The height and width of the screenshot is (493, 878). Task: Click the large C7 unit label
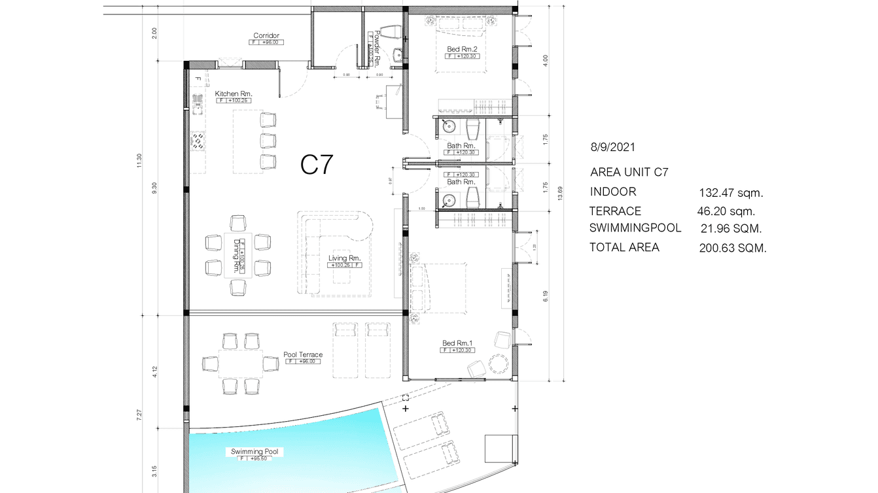click(x=318, y=165)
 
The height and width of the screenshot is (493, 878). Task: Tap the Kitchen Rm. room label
click(x=234, y=93)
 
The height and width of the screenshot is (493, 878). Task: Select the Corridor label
click(x=266, y=35)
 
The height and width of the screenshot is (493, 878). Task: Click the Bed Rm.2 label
click(x=461, y=49)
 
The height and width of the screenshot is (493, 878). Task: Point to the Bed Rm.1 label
click(x=457, y=343)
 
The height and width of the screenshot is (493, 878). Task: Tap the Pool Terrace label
click(x=303, y=354)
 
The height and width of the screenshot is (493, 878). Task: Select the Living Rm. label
click(x=345, y=258)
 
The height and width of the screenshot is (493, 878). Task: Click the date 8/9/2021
click(x=612, y=148)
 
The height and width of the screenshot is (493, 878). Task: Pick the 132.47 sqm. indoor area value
click(x=731, y=193)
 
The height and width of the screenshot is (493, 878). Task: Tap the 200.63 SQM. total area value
click(x=733, y=248)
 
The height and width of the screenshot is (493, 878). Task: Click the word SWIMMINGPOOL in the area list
click(x=635, y=228)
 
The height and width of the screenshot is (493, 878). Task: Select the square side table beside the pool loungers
click(x=497, y=449)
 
